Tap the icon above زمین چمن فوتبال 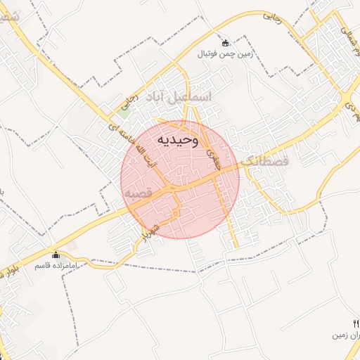click(x=225, y=42)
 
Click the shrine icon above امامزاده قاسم click(x=56, y=254)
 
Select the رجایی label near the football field click(x=274, y=19)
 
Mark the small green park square click(x=125, y=109)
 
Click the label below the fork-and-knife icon click(x=347, y=335)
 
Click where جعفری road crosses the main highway click(x=214, y=176)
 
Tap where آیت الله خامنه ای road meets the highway click(x=169, y=188)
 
